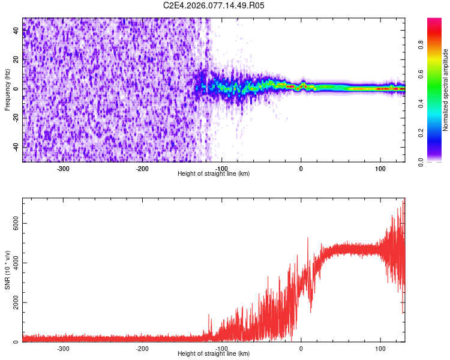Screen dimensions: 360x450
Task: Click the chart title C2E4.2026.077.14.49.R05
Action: click(x=214, y=5)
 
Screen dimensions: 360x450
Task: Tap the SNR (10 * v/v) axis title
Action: click(x=8, y=270)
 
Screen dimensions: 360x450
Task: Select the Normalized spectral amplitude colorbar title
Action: click(x=446, y=89)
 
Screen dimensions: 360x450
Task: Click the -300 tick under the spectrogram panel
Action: click(x=63, y=169)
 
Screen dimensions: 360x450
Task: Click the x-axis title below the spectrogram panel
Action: click(x=214, y=174)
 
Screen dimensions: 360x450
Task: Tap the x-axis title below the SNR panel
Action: click(x=214, y=354)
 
